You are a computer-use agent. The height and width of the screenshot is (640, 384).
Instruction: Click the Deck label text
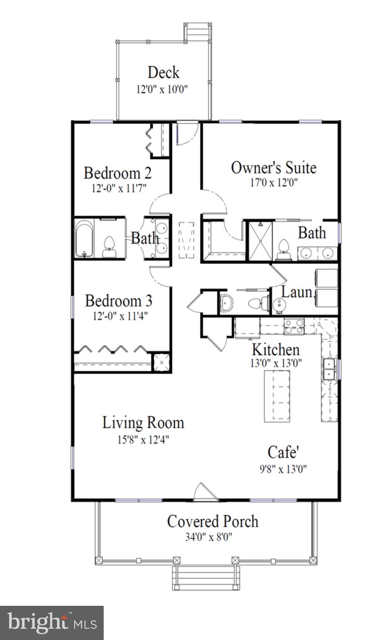pos(163,73)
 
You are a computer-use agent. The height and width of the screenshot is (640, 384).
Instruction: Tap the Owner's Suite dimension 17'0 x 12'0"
pos(273,183)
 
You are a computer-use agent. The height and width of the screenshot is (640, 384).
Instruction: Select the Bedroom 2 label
pos(117,173)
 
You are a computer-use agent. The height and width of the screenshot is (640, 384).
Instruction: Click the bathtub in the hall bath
pos(84,239)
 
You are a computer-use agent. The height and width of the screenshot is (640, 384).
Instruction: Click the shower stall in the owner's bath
pos(260,241)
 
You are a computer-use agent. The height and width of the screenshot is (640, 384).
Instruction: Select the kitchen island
pos(278,396)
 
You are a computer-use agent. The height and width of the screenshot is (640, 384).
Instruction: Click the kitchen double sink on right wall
pos(329,369)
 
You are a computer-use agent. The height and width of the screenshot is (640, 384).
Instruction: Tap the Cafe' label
pos(283,452)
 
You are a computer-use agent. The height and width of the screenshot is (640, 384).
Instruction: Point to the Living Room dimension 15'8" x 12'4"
pos(143,439)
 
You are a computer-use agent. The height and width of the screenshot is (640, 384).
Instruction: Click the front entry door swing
pos(205,492)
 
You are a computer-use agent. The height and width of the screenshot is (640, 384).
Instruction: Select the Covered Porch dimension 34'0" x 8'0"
pos(208,537)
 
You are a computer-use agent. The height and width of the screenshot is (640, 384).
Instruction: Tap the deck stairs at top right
pos(197,32)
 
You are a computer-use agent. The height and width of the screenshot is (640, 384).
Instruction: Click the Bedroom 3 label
pos(119,301)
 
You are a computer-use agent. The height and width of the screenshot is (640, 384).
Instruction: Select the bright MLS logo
pos(52,623)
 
